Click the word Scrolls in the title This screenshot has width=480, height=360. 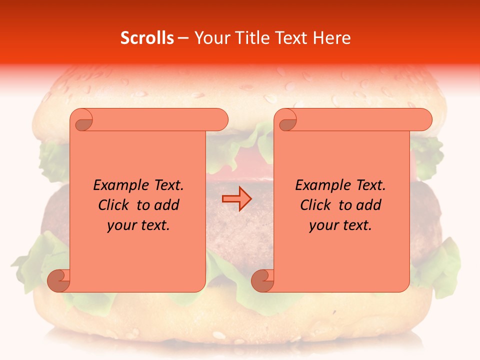147,38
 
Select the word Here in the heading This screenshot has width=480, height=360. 331,38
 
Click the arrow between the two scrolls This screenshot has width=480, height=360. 236,199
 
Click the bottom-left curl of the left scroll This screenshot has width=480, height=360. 59,280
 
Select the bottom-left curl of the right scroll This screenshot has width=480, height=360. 263,280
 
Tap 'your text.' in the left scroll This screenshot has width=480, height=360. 138,225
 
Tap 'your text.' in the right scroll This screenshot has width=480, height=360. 340,225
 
